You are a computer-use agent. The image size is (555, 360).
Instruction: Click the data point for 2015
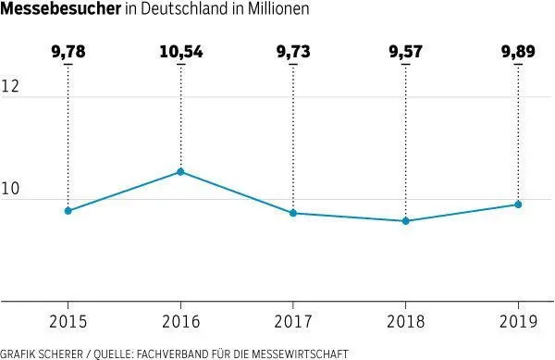[x=68, y=211]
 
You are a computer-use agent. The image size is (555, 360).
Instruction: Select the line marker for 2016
[x=180, y=172]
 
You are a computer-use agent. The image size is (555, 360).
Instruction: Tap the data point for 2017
[x=293, y=213]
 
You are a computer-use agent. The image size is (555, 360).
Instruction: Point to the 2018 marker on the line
[x=405, y=221]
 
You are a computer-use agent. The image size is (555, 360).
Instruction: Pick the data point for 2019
[x=518, y=205]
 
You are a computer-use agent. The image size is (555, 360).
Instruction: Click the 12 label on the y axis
[x=12, y=86]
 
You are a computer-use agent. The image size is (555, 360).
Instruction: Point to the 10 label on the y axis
[x=12, y=190]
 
